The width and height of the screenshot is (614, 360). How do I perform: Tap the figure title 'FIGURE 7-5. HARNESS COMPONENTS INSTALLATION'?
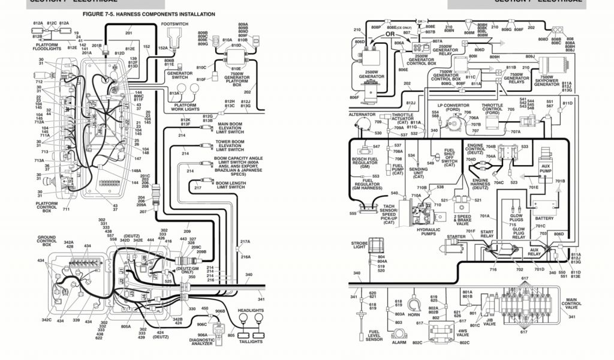pyautogui.click(x=149, y=13)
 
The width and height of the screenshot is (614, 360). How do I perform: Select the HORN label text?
pyautogui.click(x=413, y=315)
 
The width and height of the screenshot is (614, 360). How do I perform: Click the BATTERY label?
pyautogui.click(x=544, y=218)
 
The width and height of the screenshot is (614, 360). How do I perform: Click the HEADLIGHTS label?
pyautogui.click(x=251, y=311)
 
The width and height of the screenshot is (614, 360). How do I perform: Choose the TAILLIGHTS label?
pyautogui.click(x=251, y=341)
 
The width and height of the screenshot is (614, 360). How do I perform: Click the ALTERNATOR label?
pyautogui.click(x=362, y=114)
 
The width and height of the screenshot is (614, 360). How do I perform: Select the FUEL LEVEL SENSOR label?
pyautogui.click(x=374, y=335)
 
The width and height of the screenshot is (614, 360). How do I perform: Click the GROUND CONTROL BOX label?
pyautogui.click(x=46, y=241)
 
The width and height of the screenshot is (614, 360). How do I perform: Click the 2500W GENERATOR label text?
pyautogui.click(x=372, y=74)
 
